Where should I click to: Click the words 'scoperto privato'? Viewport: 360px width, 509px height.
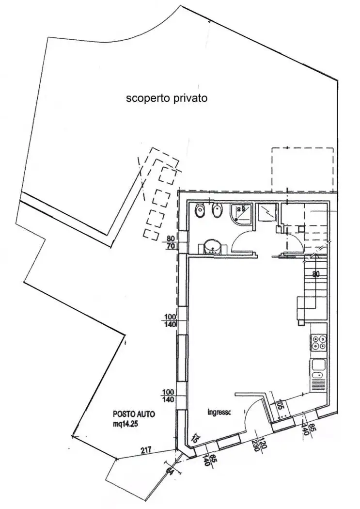(167, 98)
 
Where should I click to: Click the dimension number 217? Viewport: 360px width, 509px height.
(146, 450)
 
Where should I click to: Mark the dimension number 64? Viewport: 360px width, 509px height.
(170, 469)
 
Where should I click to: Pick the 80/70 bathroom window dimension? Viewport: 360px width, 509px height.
(170, 242)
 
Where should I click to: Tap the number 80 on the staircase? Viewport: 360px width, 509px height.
(316, 274)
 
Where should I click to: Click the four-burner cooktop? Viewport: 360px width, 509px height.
(318, 343)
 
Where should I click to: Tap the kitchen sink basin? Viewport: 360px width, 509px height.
(318, 365)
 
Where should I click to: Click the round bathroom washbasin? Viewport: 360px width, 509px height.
(212, 246)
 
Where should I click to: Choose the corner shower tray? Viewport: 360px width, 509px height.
(241, 214)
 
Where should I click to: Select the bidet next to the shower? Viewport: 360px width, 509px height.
(217, 211)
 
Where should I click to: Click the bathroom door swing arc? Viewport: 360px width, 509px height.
(241, 240)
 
